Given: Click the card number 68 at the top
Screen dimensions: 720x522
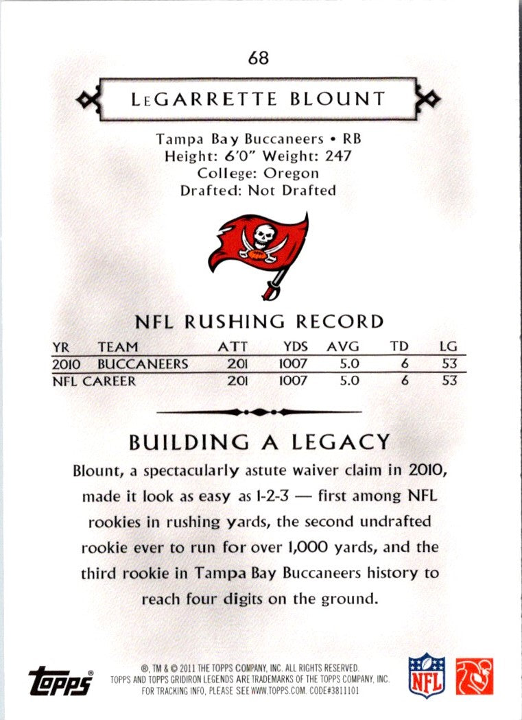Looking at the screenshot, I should pyautogui.click(x=259, y=58).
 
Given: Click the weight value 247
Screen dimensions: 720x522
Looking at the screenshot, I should pyautogui.click(x=337, y=156).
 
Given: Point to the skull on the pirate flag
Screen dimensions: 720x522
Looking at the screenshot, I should pyautogui.click(x=263, y=236).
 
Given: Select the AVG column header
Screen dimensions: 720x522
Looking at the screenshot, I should pyautogui.click(x=342, y=347).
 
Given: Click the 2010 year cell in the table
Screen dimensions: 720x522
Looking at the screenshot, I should pyautogui.click(x=66, y=364).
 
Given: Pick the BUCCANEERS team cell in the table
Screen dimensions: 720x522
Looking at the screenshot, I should pyautogui.click(x=142, y=364).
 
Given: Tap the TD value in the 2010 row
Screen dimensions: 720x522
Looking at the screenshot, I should pyautogui.click(x=405, y=364).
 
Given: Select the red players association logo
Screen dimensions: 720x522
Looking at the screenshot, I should pyautogui.click(x=475, y=676).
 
